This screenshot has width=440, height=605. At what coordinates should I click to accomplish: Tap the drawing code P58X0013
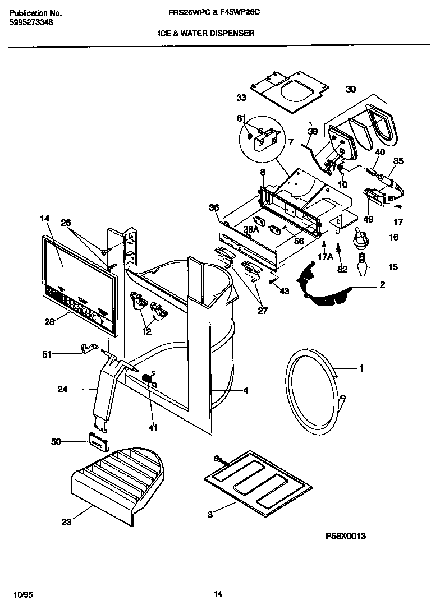(346, 536)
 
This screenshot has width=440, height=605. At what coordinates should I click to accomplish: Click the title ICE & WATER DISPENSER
(206, 33)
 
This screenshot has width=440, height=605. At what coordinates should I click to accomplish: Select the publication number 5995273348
(32, 23)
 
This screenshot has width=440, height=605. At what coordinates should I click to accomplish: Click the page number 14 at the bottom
(218, 594)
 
